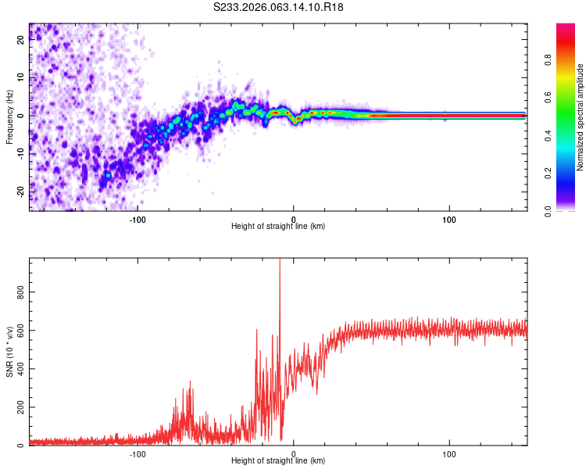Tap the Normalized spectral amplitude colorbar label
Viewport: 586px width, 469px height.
[x=580, y=117]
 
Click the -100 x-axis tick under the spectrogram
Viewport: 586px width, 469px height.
[x=138, y=219]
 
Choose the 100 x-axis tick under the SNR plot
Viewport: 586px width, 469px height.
[x=449, y=453]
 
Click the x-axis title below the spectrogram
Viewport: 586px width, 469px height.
[x=278, y=226]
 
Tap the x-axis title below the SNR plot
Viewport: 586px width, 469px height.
[x=278, y=460]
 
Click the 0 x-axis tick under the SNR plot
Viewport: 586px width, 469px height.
[x=294, y=453]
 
